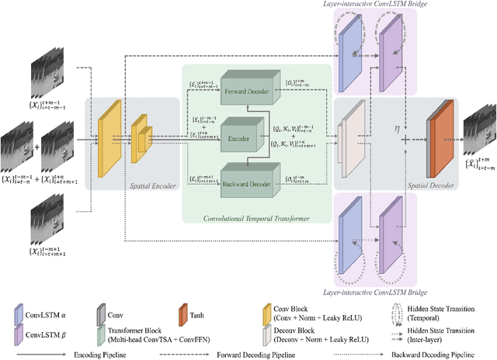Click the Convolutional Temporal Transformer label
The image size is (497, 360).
pos(257,219)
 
